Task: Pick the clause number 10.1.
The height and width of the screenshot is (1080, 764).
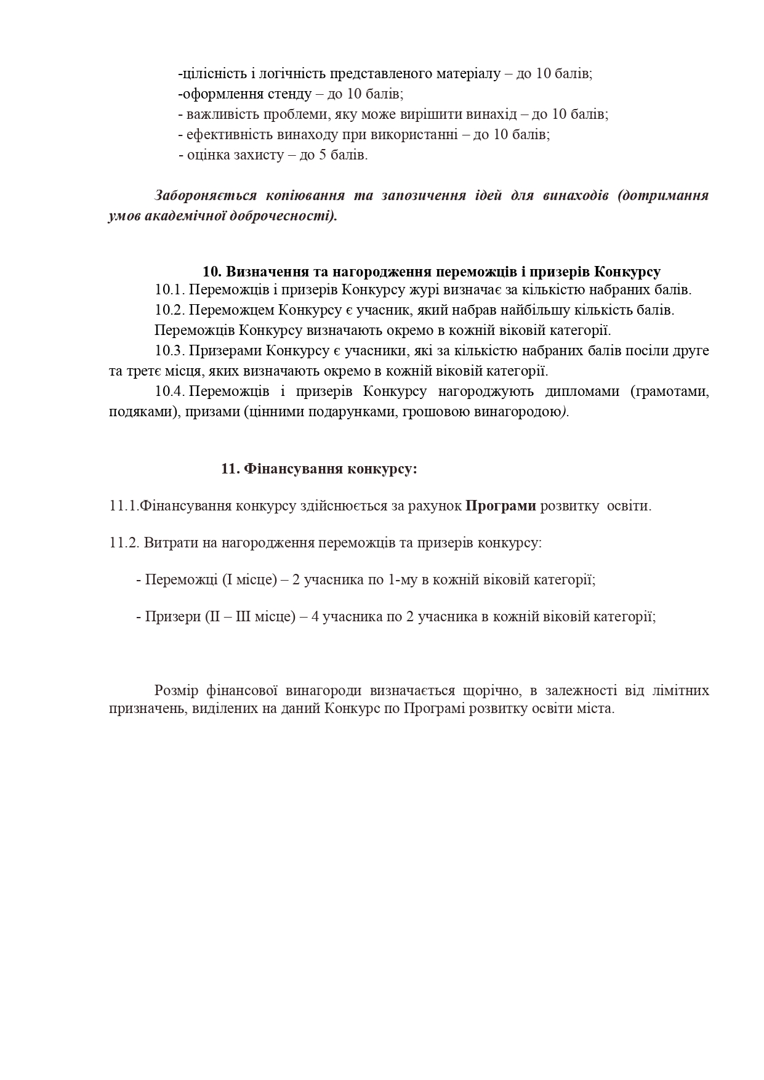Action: [170, 289]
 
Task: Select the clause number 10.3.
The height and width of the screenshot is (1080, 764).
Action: [170, 351]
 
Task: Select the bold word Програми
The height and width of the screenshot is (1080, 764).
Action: [501, 506]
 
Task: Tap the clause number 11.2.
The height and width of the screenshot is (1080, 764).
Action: [124, 543]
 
